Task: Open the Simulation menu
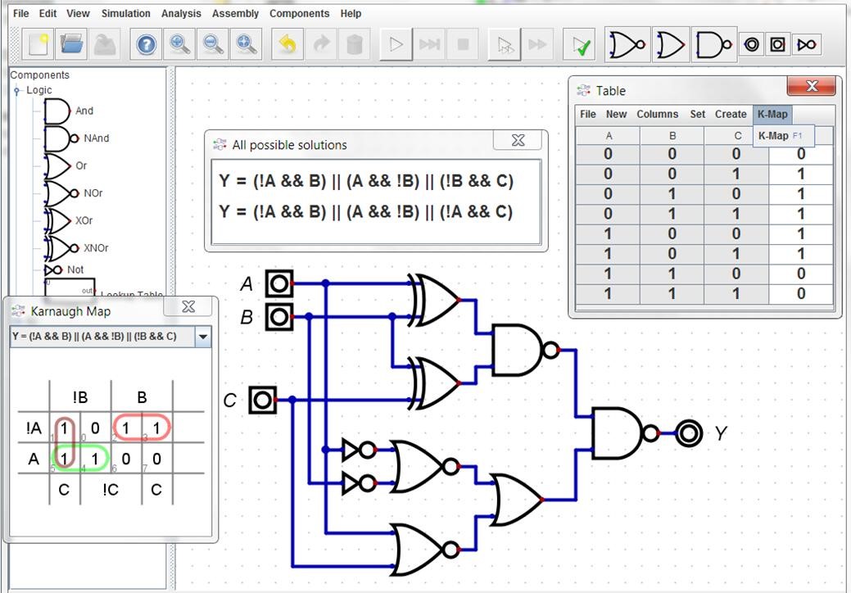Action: click(125, 14)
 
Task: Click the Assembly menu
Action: click(235, 14)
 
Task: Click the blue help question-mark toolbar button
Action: click(146, 44)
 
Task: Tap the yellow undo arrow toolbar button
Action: click(287, 44)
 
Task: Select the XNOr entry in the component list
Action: click(96, 248)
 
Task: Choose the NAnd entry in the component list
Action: click(96, 138)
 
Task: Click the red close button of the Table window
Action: click(811, 86)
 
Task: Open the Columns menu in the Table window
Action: click(657, 114)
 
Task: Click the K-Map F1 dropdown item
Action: click(780, 136)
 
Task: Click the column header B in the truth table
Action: click(672, 136)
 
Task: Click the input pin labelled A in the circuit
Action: click(279, 283)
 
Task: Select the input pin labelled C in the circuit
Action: click(263, 400)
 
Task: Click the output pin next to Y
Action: click(689, 433)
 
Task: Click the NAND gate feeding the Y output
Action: click(626, 433)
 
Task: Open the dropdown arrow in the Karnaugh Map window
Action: click(202, 337)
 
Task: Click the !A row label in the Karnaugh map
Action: click(34, 428)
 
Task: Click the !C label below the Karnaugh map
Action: click(111, 490)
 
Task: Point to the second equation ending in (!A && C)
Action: click(366, 211)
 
